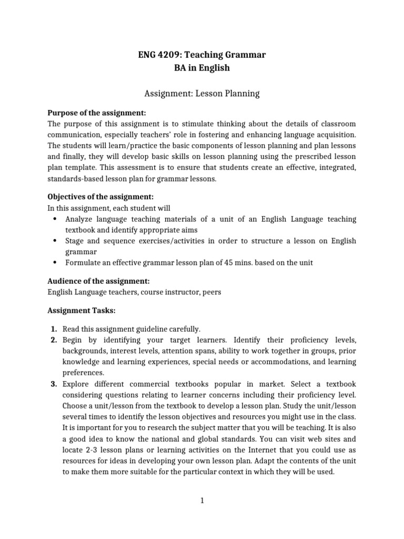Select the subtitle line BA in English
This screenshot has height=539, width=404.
coord(201,68)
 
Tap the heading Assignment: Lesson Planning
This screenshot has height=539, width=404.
coord(201,94)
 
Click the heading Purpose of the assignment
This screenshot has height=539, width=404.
coord(97,113)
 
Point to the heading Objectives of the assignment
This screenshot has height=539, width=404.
coord(100,197)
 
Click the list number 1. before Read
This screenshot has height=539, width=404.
coord(54,328)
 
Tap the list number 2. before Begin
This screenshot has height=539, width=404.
coord(54,340)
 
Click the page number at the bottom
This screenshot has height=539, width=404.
coord(201,501)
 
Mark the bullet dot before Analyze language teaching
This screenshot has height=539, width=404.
coord(55,219)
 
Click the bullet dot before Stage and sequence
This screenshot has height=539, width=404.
coord(55,241)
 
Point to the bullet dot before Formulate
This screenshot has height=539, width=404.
coord(55,263)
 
